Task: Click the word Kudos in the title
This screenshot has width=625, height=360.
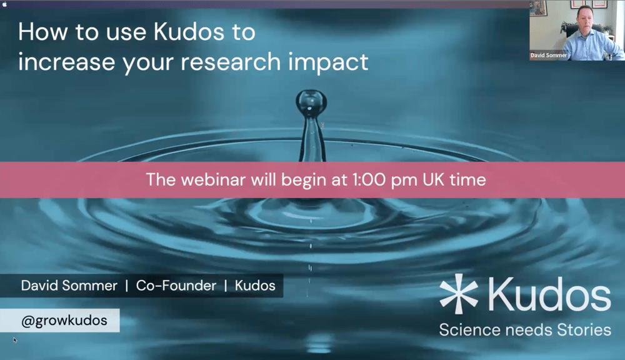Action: coord(189,31)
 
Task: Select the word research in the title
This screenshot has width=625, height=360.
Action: coord(231,62)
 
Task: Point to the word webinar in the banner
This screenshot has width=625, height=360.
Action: coord(213,180)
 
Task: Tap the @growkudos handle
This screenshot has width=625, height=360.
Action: coord(64,321)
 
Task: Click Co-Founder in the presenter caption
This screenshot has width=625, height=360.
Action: coord(176,286)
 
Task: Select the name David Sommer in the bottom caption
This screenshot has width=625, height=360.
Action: coord(69,286)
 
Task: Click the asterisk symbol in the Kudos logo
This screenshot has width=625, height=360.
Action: coord(458,294)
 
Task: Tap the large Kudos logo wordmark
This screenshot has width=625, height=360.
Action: coord(549,294)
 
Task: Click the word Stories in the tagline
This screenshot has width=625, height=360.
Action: coord(584,330)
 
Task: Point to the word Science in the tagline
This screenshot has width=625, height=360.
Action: coord(470,330)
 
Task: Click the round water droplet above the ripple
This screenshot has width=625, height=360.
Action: coord(311,102)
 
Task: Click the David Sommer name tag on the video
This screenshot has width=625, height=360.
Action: coord(549,56)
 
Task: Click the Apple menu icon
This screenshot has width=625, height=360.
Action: coord(4,4)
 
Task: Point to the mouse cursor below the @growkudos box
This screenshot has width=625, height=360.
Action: coord(15,340)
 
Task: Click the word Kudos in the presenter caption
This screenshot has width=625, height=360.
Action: coord(255,286)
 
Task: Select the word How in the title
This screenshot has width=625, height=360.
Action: coord(42,32)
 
